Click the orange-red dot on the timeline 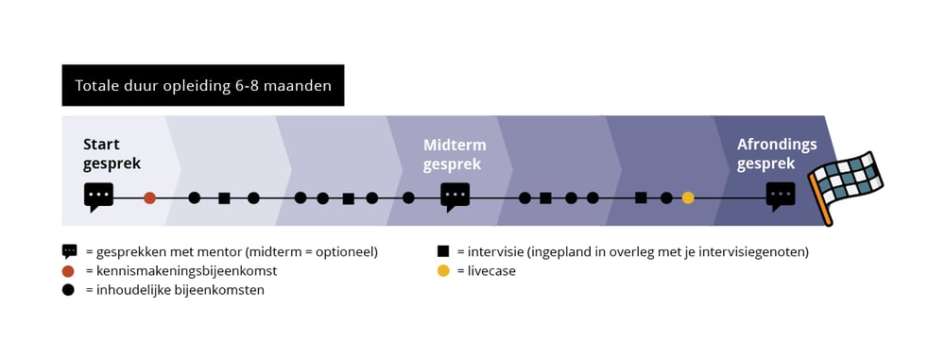pyautogui.click(x=149, y=198)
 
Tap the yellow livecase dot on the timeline pyautogui.click(x=688, y=198)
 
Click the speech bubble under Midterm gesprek pyautogui.click(x=456, y=196)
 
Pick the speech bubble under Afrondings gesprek pyautogui.click(x=781, y=196)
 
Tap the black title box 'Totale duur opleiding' pyautogui.click(x=203, y=86)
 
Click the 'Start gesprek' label pyautogui.click(x=112, y=154)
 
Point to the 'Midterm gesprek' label pyautogui.click(x=455, y=154)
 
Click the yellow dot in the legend pyautogui.click(x=442, y=271)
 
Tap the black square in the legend pyautogui.click(x=442, y=252)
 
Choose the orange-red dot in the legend pyautogui.click(x=69, y=271)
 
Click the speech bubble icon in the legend pyautogui.click(x=69, y=251)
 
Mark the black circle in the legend pyautogui.click(x=69, y=290)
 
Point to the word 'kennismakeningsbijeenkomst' pyautogui.click(x=185, y=271)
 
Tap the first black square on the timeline pyautogui.click(x=224, y=198)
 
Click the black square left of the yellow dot pyautogui.click(x=641, y=198)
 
